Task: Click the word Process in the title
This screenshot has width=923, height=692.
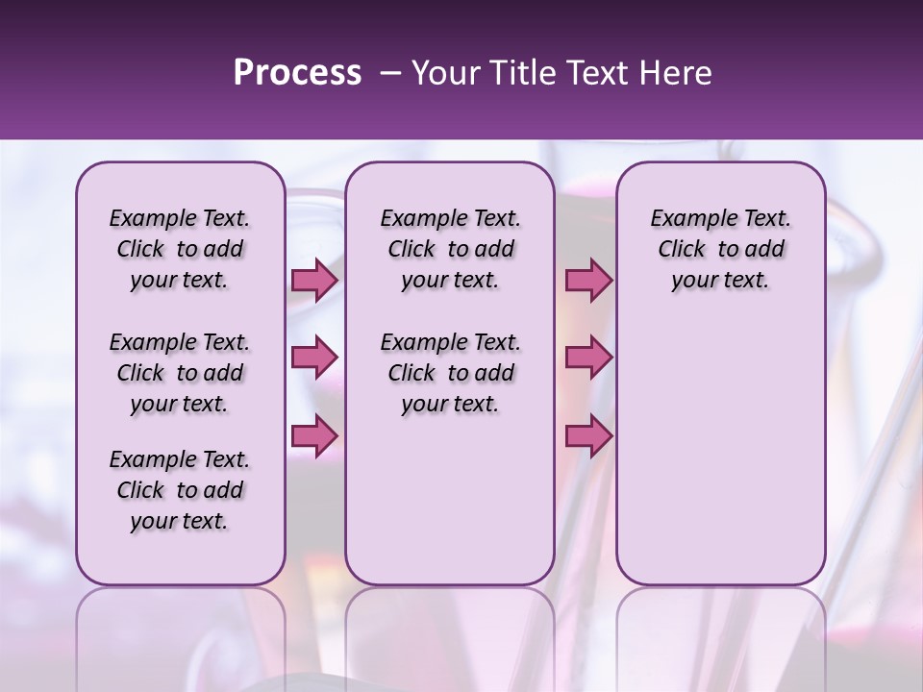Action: point(297,73)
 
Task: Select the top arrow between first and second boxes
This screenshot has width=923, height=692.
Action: point(314,280)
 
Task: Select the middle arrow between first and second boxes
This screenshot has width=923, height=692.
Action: point(314,358)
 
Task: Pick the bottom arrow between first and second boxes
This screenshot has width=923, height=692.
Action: point(314,436)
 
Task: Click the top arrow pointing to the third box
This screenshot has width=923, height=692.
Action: point(588,280)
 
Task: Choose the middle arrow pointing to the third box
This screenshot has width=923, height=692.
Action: point(588,358)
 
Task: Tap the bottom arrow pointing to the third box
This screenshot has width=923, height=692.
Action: point(588,436)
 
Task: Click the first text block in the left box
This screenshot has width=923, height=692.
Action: point(180,249)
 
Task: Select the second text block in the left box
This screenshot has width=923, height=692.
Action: point(180,373)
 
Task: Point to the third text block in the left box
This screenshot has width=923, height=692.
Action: point(180,490)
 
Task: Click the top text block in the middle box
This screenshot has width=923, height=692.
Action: point(450,249)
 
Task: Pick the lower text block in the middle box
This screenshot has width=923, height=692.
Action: point(450,373)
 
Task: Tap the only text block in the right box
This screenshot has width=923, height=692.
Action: point(720,249)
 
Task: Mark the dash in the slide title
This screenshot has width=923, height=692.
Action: point(390,73)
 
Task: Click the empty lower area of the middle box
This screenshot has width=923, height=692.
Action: point(450,500)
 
